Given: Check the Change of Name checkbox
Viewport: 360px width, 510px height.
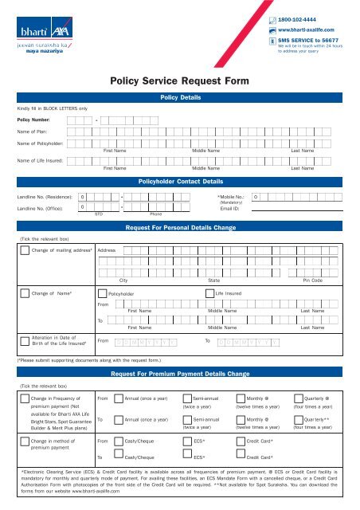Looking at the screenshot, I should (x=24, y=293).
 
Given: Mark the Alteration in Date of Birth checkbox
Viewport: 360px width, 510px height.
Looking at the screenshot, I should (x=24, y=341).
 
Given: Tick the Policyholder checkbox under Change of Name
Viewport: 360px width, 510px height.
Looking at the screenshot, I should (x=102, y=294).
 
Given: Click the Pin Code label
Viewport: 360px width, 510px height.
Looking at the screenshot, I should (x=312, y=280).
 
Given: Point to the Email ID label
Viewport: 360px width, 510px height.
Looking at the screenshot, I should (x=231, y=208).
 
